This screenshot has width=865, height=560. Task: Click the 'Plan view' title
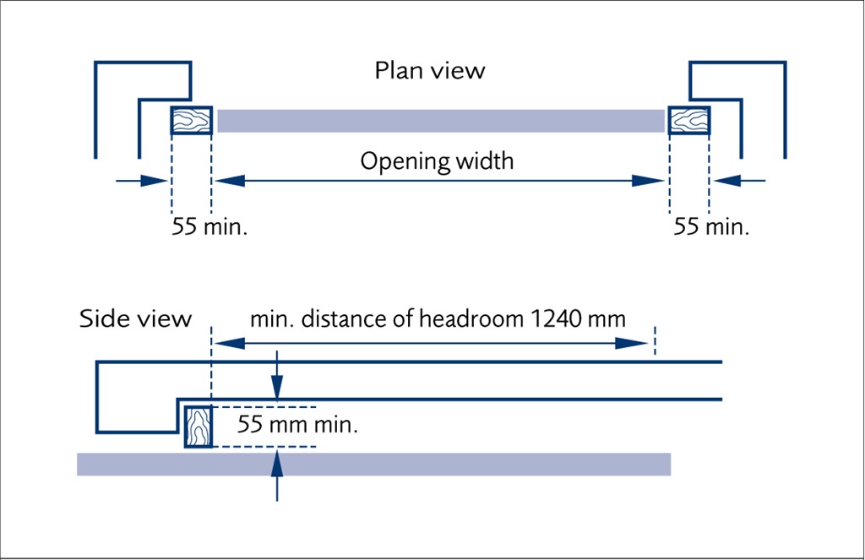[430, 71]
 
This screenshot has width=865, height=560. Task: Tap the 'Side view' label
[135, 319]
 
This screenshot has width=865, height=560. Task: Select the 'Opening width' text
[437, 160]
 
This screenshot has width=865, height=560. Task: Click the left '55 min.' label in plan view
[209, 227]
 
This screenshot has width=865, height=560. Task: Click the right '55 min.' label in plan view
[711, 227]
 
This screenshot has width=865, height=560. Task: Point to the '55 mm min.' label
[298, 425]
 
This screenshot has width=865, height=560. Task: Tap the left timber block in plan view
[191, 121]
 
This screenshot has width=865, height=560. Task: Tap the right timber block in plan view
[688, 121]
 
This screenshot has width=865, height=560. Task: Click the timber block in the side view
[198, 426]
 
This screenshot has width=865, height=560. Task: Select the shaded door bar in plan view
[439, 121]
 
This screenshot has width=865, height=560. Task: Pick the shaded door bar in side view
[373, 465]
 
